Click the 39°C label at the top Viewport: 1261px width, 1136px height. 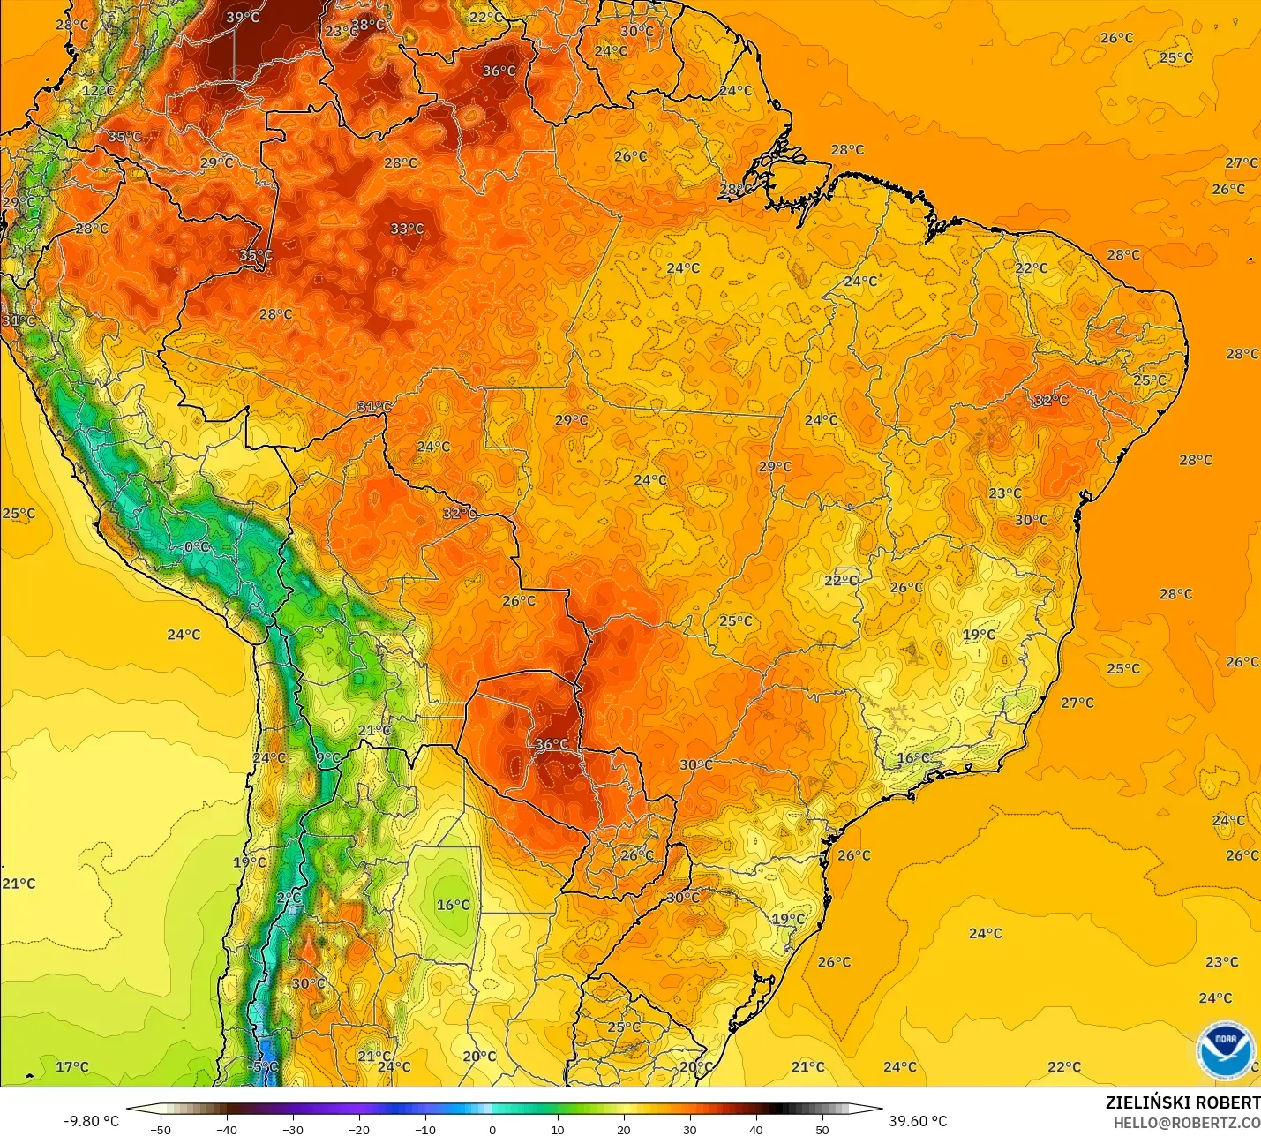[243, 18]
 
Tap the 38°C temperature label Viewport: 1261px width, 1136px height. [368, 25]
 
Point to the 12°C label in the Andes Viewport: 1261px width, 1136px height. [98, 90]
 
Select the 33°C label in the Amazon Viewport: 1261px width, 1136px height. [407, 229]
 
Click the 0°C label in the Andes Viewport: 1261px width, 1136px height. [197, 547]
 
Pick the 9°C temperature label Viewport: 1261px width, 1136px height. [327, 757]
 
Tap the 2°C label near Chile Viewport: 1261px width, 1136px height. [289, 898]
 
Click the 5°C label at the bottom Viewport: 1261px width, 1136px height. [265, 1066]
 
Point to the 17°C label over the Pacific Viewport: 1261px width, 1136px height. [72, 1066]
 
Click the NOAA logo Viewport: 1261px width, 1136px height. [1226, 1049]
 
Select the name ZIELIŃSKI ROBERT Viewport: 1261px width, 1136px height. [1182, 1102]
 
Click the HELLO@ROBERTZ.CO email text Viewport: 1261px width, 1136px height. [1186, 1123]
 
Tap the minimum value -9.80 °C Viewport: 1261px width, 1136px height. [91, 1121]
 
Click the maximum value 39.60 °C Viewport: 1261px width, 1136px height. [918, 1121]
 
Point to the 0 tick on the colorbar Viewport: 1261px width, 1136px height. [492, 1129]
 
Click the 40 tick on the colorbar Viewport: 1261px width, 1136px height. [756, 1129]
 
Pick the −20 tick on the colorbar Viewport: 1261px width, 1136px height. [358, 1129]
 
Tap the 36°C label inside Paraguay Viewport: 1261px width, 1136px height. [552, 744]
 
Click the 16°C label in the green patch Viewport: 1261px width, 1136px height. [454, 905]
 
